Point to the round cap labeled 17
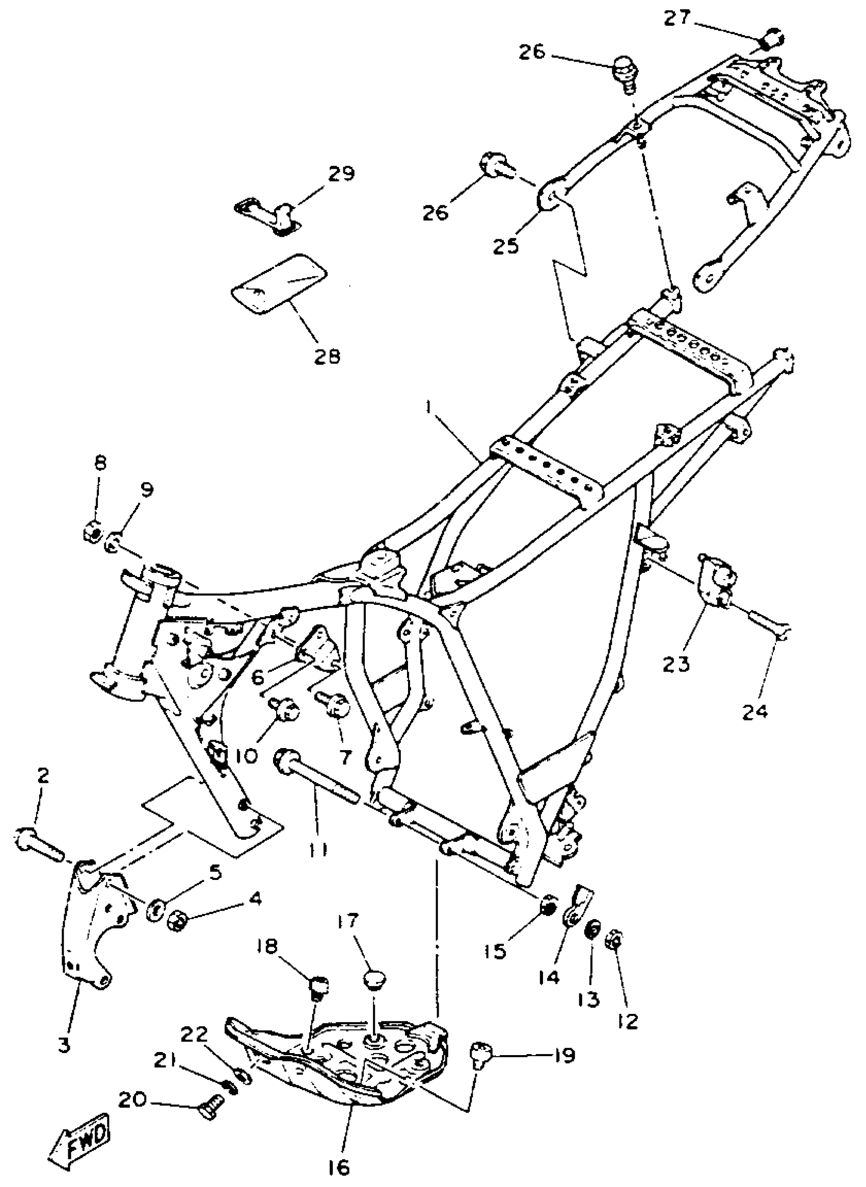point(375,979)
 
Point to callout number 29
point(341,173)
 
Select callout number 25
point(506,244)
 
